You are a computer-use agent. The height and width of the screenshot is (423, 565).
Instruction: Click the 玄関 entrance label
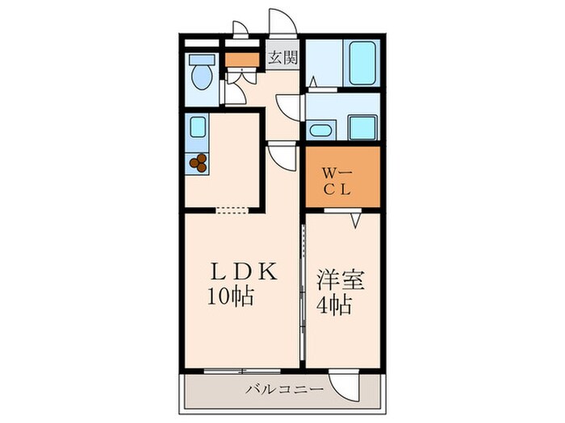282,57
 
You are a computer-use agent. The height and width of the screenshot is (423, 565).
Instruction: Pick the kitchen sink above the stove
198,126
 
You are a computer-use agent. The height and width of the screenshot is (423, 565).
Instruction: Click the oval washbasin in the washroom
320,129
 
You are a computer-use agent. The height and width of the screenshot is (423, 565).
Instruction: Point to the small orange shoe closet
238,58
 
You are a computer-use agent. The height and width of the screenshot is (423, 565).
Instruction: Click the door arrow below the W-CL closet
354,218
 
